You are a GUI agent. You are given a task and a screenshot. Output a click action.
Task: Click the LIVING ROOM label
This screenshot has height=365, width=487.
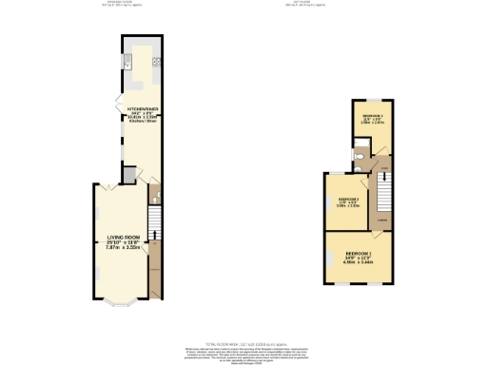[x=123, y=237]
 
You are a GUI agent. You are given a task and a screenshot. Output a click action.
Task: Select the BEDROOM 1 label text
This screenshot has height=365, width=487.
[x=359, y=254]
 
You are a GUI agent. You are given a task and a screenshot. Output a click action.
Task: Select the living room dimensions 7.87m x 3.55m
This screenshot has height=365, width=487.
[x=123, y=247]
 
